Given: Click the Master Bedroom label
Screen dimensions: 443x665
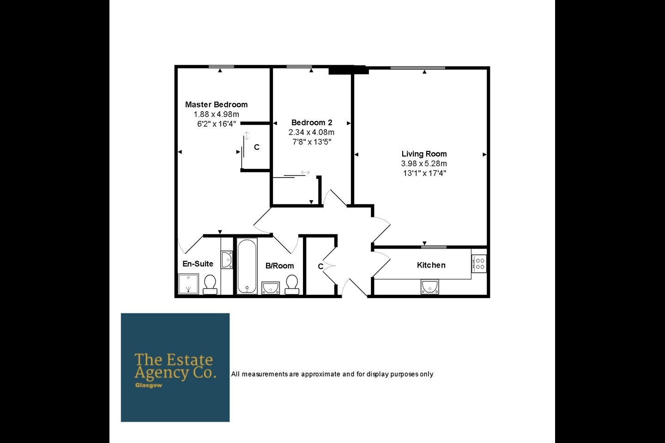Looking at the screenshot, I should click(216, 105).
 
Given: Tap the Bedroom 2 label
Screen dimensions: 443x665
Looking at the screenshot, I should click(312, 123).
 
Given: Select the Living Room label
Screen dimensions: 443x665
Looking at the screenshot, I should click(424, 154).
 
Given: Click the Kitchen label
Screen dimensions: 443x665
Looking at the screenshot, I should click(431, 265).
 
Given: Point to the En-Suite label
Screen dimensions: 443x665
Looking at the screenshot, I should click(198, 264).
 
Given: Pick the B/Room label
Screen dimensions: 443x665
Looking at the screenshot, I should click(279, 266).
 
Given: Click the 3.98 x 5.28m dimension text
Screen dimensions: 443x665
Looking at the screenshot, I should click(424, 164).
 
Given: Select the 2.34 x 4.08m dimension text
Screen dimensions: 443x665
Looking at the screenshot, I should click(312, 132).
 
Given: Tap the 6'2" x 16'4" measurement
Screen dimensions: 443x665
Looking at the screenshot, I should click(216, 124).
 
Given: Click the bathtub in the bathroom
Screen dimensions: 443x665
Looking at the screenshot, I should click(247, 266).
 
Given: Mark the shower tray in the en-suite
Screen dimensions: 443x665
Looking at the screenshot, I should click(188, 284).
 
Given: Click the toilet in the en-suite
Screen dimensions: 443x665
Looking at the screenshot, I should click(210, 284).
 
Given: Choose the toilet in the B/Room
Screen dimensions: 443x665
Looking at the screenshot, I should click(292, 284).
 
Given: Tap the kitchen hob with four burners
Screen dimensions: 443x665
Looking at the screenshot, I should click(479, 263).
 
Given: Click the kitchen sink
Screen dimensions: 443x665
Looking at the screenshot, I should click(429, 287).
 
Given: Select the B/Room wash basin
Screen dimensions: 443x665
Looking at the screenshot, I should click(270, 287).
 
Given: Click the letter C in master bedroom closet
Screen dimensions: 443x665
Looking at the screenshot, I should click(257, 147).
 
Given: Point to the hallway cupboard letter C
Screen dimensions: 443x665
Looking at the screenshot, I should click(320, 267).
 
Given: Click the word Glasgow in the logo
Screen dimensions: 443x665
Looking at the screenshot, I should click(149, 385).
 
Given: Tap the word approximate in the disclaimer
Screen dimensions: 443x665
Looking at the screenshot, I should click(320, 374).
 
